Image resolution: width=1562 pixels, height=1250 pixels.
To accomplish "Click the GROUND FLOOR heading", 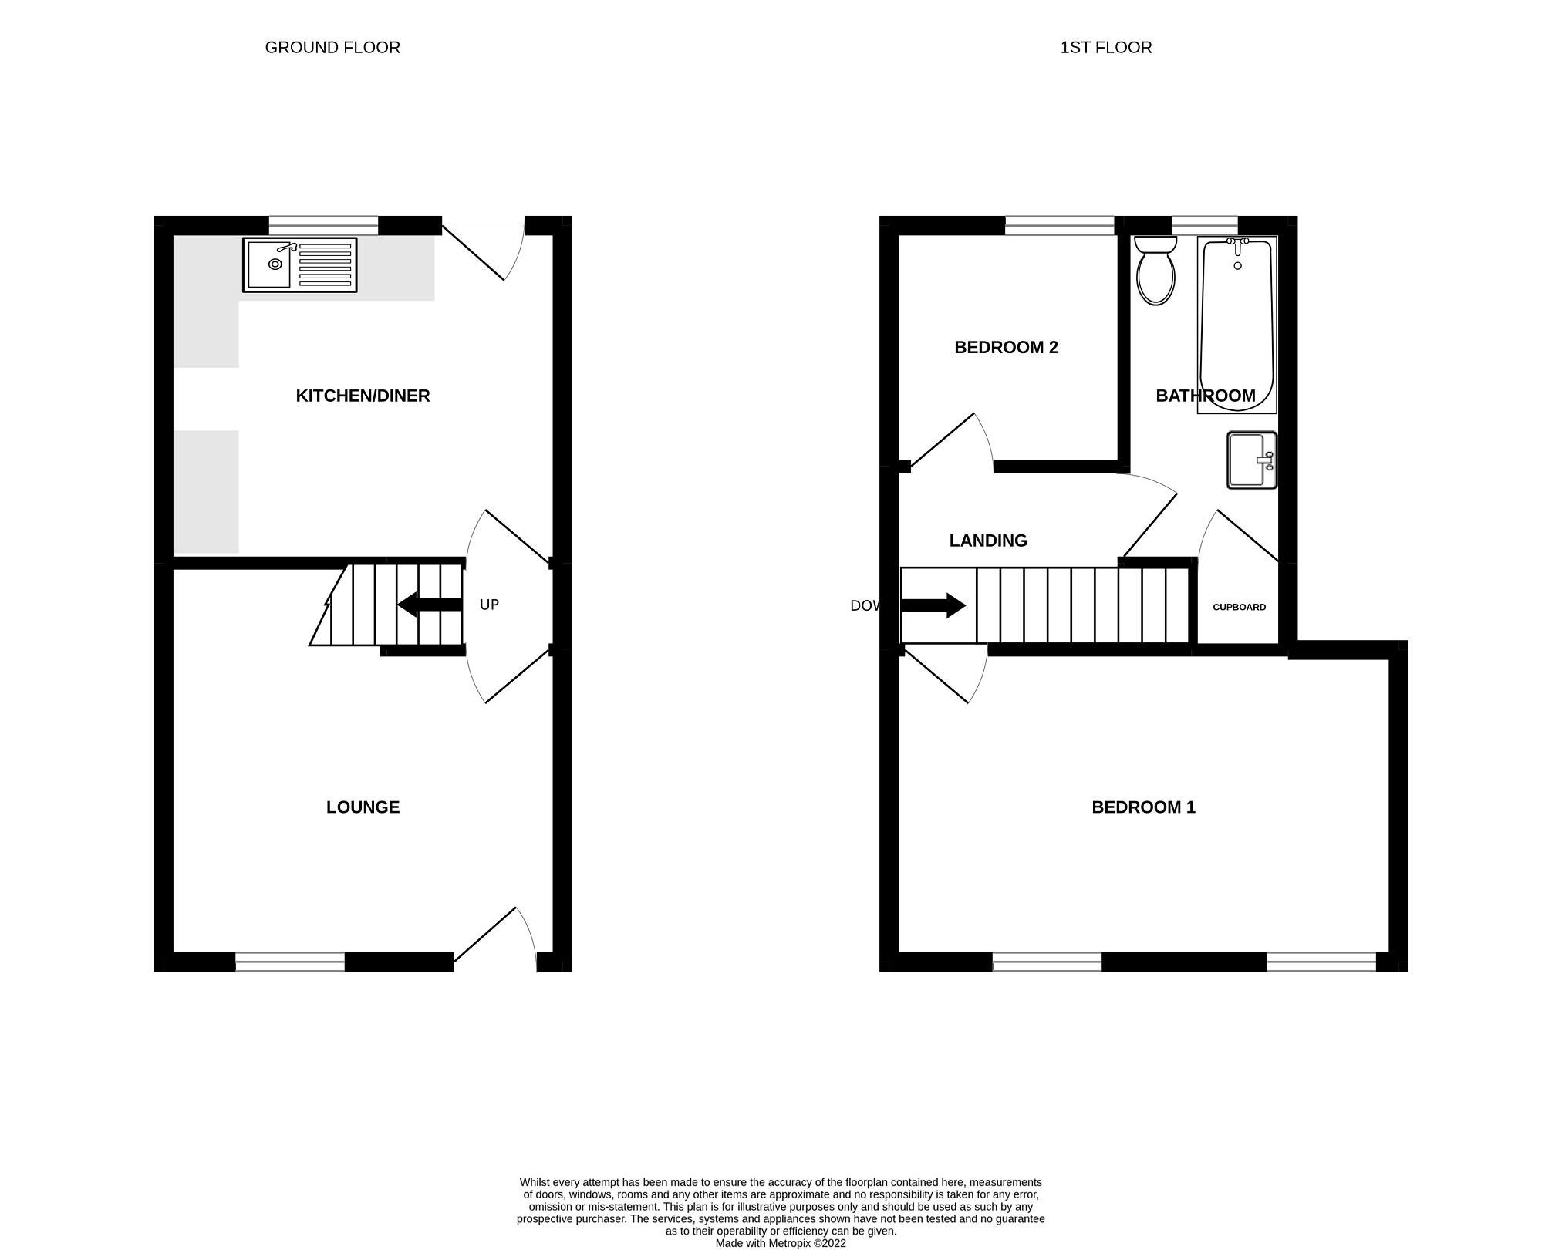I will tap(332, 48).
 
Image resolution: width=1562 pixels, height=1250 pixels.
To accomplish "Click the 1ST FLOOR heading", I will tap(1105, 48).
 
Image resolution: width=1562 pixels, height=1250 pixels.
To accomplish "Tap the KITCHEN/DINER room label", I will tap(363, 396).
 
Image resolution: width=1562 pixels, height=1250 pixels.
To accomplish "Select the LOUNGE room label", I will tap(363, 807).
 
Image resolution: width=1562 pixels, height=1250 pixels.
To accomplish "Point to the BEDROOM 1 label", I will tap(1143, 807).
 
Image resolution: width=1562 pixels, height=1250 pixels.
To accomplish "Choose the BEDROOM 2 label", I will tap(1006, 348).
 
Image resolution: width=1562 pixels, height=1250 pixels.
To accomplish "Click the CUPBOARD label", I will tap(1239, 608).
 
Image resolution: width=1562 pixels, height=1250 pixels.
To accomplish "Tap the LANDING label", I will tap(988, 541).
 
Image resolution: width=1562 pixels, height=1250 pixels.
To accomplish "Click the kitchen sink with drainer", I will tap(300, 265).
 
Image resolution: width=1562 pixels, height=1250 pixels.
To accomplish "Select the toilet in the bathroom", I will tap(1155, 271).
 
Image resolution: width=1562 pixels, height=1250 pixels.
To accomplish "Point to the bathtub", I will tap(1237, 324).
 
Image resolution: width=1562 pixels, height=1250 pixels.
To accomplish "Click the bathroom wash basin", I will tap(1250, 460).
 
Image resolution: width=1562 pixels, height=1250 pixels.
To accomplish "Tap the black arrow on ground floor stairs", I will tap(429, 605).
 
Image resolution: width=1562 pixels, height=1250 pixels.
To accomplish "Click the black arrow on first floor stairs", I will tap(933, 606).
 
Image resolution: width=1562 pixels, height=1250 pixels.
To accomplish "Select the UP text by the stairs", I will tap(489, 605).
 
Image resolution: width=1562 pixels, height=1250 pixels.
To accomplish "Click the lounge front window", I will tap(290, 962).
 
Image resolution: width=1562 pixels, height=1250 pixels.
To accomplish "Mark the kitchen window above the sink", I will tap(323, 225).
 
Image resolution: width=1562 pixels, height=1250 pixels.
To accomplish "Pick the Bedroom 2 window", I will tap(1060, 225).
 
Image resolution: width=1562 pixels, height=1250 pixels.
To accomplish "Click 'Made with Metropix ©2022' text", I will tap(781, 1243).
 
